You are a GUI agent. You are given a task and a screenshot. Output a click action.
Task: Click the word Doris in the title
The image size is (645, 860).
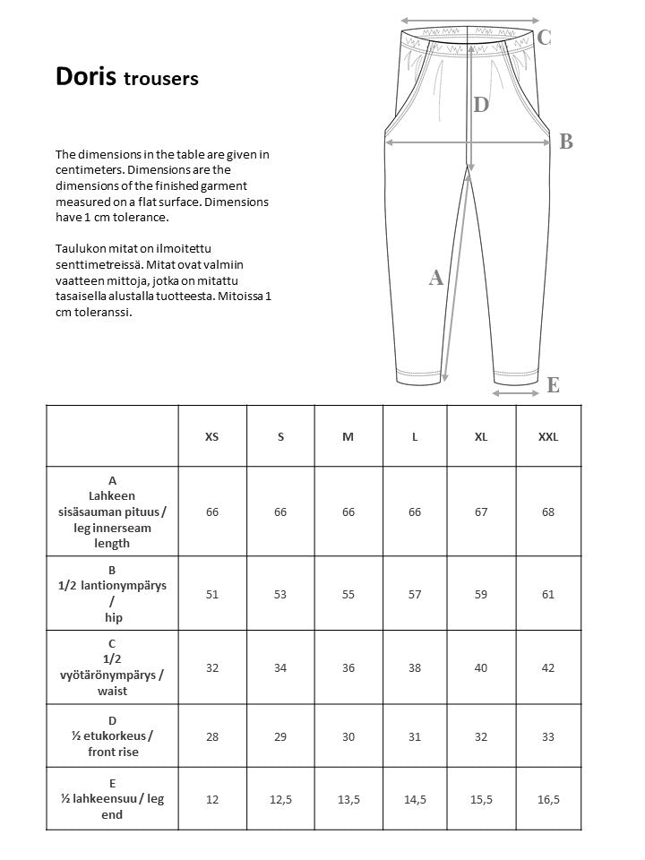pos(86,77)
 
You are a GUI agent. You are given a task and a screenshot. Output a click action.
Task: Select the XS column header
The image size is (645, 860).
pos(211,436)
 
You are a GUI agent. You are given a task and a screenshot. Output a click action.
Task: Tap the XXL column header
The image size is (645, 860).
pos(547,436)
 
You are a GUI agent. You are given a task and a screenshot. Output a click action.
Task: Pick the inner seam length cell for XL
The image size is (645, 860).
pos(481,512)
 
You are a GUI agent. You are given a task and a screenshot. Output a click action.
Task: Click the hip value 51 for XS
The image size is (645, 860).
pos(211,593)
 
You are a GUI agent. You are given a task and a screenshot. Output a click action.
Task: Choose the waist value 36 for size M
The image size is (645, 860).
pos(348,667)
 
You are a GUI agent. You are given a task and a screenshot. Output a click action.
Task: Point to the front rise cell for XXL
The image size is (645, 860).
pos(547,736)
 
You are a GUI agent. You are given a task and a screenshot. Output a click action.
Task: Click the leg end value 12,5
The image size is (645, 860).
pos(280,799)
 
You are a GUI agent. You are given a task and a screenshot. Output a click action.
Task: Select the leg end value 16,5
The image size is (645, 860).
pos(547,799)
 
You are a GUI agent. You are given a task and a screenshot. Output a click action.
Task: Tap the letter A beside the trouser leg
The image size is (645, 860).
pos(436,278)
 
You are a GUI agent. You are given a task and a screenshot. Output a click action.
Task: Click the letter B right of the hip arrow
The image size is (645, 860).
pos(565,142)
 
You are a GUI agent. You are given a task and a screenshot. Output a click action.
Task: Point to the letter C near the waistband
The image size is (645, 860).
pos(544,38)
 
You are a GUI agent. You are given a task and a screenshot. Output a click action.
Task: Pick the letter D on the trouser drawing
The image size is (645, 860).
pos(481,105)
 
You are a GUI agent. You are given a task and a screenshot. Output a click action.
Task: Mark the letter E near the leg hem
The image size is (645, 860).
pos(553,385)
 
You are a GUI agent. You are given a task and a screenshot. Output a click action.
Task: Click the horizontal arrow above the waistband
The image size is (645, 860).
pos(470,19)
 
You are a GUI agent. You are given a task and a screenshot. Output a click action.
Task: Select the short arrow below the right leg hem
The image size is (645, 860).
pos(516,392)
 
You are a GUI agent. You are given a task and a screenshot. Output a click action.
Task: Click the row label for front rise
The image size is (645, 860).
pos(112,736)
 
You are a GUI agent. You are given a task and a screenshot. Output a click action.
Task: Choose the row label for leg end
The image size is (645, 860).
pos(112,799)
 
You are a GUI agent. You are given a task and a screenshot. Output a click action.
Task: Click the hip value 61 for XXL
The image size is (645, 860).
pos(547,593)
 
